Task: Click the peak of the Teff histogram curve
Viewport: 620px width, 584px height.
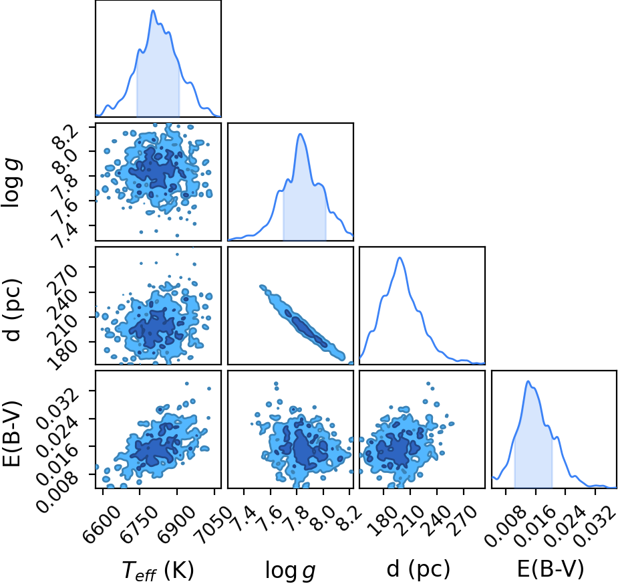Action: (x=153, y=10)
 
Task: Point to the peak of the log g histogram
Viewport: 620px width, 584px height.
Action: (x=300, y=134)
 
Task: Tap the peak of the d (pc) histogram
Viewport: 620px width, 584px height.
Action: (x=400, y=258)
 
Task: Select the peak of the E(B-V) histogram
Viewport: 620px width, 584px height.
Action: (x=528, y=381)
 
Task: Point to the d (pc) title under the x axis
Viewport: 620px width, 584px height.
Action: (x=418, y=570)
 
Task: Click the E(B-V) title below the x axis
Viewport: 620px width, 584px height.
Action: (x=551, y=569)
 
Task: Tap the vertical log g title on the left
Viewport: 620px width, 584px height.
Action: (x=12, y=182)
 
